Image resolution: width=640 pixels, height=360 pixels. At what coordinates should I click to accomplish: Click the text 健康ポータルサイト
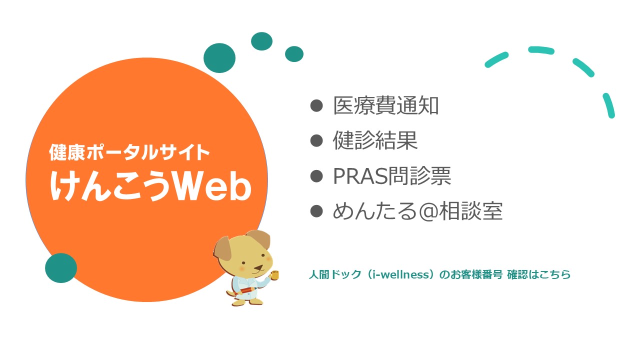pyautogui.click(x=129, y=152)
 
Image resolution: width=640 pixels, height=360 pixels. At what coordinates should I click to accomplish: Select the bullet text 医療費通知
pyautogui.click(x=385, y=105)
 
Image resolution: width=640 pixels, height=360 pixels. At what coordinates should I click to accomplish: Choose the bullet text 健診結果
pyautogui.click(x=375, y=141)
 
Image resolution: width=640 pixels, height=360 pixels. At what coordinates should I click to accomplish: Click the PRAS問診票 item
pyautogui.click(x=392, y=176)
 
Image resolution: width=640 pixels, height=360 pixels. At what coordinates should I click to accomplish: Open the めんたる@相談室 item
pyautogui.click(x=417, y=211)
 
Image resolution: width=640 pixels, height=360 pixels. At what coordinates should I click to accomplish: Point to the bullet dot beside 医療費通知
pyautogui.click(x=316, y=105)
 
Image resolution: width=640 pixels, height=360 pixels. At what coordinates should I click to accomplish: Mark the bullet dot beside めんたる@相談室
pyautogui.click(x=316, y=211)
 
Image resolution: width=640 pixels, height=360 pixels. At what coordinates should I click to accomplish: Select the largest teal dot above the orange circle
pyautogui.click(x=219, y=58)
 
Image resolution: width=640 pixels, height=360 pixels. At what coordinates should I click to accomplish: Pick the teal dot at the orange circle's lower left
pyautogui.click(x=61, y=268)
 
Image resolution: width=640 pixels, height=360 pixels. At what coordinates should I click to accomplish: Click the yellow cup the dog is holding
pyautogui.click(x=274, y=274)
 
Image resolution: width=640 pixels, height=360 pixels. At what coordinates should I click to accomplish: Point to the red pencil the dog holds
pyautogui.click(x=245, y=290)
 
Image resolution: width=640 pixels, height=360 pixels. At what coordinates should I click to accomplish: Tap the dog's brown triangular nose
pyautogui.click(x=258, y=268)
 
